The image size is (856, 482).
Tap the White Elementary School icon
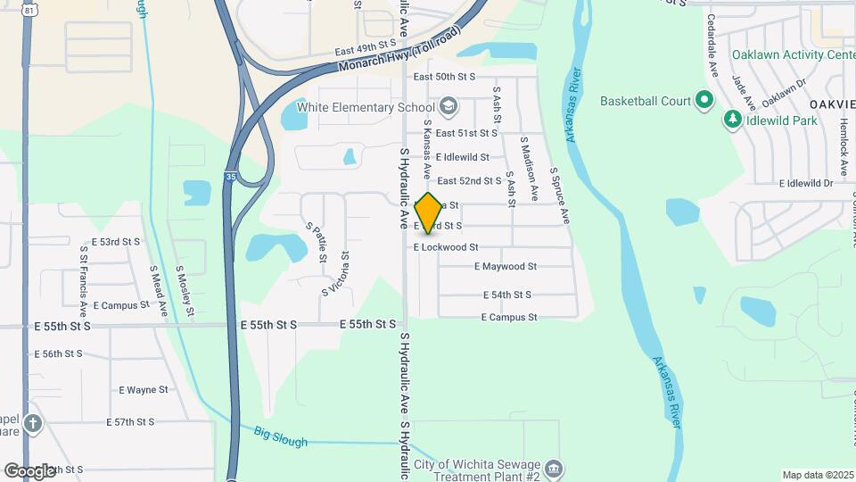tap(449, 108)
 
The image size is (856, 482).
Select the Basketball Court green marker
tap(704, 101)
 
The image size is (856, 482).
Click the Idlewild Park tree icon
tap(733, 119)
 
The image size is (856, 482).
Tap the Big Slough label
tap(280, 437)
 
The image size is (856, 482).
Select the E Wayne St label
tap(144, 390)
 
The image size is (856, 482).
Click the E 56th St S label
tap(59, 353)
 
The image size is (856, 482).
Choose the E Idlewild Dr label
tap(805, 184)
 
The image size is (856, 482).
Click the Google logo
tap(29, 470)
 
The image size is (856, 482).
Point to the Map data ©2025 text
tap(817, 475)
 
